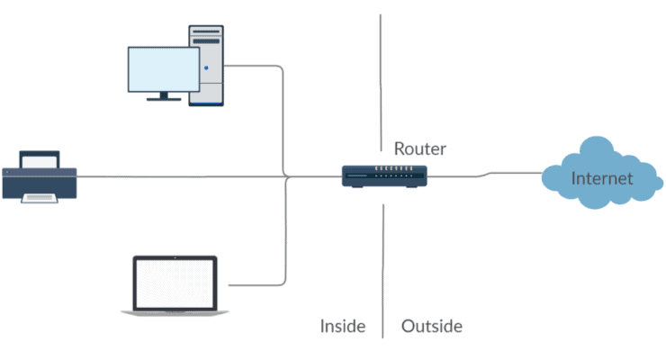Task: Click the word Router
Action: point(419,148)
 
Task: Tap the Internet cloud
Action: point(600,176)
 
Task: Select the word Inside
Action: point(343,326)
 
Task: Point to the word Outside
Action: point(432,326)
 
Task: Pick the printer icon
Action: point(40,177)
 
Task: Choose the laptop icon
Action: point(175,285)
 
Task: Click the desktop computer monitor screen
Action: point(163,69)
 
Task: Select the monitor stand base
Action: point(163,98)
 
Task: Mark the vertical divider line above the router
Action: point(381,72)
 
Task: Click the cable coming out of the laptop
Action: point(261,284)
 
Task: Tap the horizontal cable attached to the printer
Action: point(180,176)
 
